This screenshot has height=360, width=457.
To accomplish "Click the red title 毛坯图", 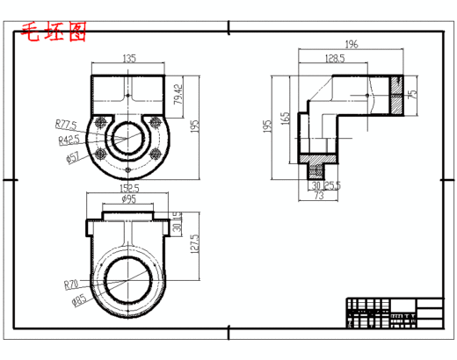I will pyautogui.click(x=54, y=33).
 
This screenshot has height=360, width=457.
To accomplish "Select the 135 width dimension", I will pyautogui.click(x=128, y=59).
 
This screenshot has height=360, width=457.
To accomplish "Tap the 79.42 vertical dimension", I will pyautogui.click(x=178, y=92).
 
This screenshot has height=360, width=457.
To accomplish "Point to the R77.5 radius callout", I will pyautogui.click(x=67, y=124).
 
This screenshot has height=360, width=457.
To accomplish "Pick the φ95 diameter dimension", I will pyautogui.click(x=127, y=199).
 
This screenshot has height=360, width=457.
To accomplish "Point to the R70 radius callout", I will pyautogui.click(x=72, y=284).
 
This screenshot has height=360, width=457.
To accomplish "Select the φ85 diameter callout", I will pyautogui.click(x=78, y=300).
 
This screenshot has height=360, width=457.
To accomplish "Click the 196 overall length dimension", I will pyautogui.click(x=352, y=44).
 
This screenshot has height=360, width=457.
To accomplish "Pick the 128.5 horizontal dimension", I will pyautogui.click(x=334, y=58).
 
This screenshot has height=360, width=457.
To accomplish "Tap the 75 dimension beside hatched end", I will pyautogui.click(x=412, y=93).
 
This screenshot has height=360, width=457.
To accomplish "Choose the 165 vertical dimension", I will pyautogui.click(x=285, y=119).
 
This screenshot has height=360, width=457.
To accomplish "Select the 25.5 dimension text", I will pyautogui.click(x=332, y=185).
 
